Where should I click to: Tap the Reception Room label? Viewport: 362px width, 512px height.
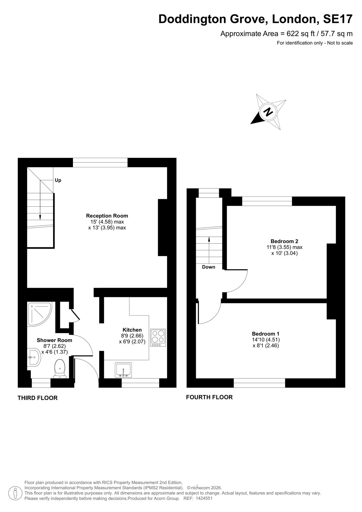(107, 216)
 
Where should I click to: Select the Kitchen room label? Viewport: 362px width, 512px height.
(132, 330)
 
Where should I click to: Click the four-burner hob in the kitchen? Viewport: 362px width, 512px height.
(158, 338)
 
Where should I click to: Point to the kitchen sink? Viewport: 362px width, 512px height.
(123, 370)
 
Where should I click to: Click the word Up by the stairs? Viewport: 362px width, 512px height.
(58, 180)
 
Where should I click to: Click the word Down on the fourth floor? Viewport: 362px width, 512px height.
(209, 267)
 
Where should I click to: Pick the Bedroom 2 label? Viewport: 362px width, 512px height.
(284, 241)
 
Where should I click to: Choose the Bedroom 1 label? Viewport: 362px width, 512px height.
(266, 334)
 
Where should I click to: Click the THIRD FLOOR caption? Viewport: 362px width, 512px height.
(37, 398)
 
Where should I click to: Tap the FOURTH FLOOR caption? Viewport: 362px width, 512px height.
(209, 397)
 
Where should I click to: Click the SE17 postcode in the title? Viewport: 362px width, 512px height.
(338, 19)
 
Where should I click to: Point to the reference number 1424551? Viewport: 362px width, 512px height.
(203, 499)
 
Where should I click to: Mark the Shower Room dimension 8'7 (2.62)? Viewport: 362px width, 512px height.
(54, 346)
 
